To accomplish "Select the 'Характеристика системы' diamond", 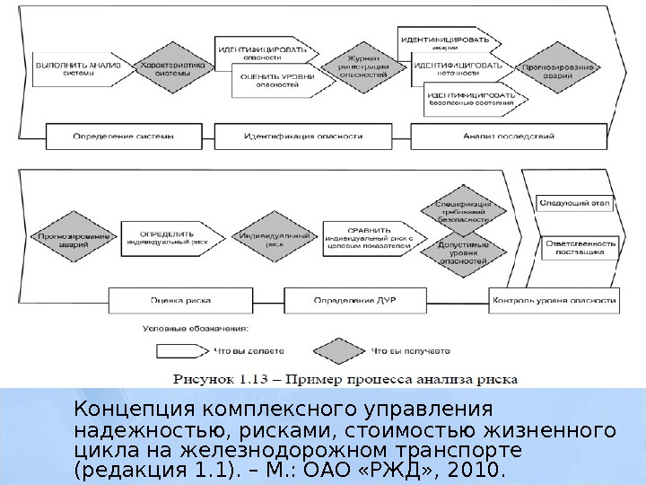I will [171, 69].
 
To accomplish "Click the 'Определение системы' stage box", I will [123, 137].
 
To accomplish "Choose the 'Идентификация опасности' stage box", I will [303, 137].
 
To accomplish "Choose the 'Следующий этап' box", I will [574, 204].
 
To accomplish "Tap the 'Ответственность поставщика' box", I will [580, 248].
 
